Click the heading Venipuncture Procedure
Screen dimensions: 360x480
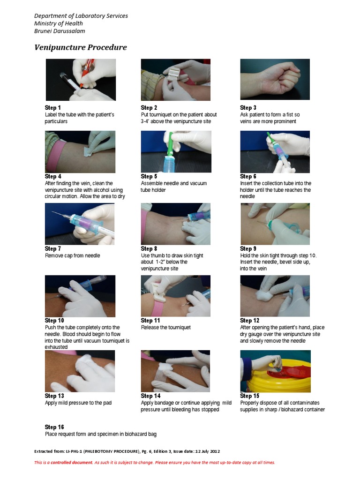tap(81, 47)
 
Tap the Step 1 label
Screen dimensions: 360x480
tap(52, 107)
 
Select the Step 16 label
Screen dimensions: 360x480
tap(54, 427)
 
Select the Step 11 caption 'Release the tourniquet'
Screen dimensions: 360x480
tap(165, 327)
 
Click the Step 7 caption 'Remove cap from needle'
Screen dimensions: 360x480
tap(73, 255)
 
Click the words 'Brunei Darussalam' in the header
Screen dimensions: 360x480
tap(60, 31)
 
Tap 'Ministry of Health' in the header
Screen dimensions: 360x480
tap(59, 23)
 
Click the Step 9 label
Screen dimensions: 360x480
tap(248, 248)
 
